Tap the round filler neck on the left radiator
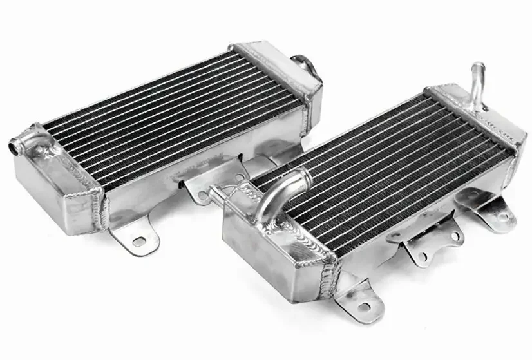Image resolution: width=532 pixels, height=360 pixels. (x=301, y=64)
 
